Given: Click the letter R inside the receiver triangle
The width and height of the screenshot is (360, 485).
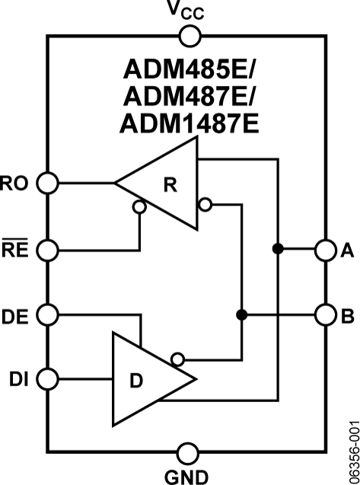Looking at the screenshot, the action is (x=170, y=185).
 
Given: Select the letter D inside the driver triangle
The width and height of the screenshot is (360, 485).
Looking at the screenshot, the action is (x=136, y=381).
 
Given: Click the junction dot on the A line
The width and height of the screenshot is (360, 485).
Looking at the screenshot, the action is (x=278, y=248).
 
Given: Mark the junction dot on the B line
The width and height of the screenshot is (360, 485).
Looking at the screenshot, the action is (x=241, y=315).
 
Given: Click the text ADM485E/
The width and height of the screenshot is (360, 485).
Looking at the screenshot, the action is (x=189, y=69).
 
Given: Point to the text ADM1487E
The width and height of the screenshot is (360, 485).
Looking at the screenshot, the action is (x=190, y=123).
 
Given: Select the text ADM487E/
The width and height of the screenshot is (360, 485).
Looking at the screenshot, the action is (x=189, y=97).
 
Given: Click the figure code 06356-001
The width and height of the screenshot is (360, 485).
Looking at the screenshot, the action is (x=354, y=452).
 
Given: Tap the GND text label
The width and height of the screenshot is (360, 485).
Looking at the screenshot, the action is (x=186, y=477).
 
